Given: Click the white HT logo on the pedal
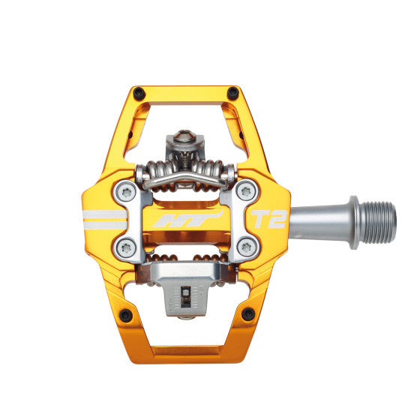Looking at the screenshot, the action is coord(188,220).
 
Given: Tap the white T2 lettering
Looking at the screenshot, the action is coord(268,219).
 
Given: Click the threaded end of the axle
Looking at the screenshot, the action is coord(377,223).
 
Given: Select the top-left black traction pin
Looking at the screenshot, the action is coord(139,93).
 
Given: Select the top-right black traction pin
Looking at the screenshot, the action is coord(233,92).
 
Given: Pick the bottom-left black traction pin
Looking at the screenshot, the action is coord(126,315).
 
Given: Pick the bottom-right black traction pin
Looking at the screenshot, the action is coord(248,314).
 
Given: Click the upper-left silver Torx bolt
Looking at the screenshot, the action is coord(127,193).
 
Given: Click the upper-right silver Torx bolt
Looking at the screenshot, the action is coord(246,191).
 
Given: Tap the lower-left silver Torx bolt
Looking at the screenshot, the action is coord(126,248).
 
